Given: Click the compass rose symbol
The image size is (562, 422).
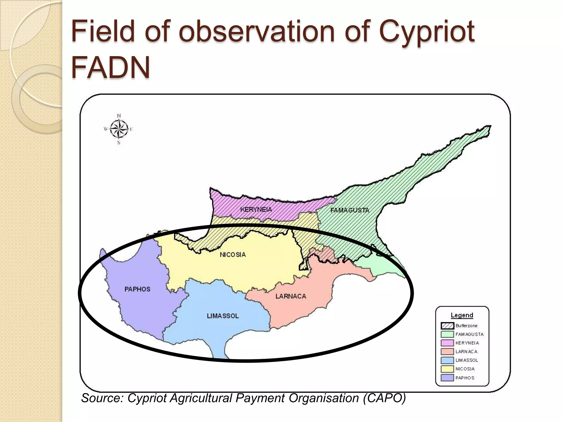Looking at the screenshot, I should (119, 129).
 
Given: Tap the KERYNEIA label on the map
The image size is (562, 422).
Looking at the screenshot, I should (256, 209).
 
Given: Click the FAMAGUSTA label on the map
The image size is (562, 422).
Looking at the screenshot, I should (350, 210).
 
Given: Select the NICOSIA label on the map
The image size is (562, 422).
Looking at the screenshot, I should (233, 255).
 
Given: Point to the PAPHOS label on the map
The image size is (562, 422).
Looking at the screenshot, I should (137, 289).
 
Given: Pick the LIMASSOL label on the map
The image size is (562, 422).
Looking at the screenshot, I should (223, 316).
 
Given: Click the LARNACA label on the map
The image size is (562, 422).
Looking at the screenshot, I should (291, 296).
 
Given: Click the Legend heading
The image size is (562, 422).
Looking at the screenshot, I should (462, 315).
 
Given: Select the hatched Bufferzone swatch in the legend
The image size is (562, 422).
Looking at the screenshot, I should (447, 326).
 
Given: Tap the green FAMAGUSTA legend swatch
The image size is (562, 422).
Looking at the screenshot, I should (447, 334).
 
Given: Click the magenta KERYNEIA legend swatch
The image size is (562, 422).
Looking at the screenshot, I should (447, 343).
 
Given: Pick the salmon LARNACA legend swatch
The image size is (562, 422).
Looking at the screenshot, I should (447, 352).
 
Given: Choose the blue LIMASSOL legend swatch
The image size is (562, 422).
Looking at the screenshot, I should (447, 360).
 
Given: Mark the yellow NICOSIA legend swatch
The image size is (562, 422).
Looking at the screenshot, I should (447, 369).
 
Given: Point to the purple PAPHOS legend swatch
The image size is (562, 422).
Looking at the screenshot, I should (447, 378).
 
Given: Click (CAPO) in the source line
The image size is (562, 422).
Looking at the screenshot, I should (384, 398).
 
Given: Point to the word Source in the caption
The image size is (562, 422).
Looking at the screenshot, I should (102, 398).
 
